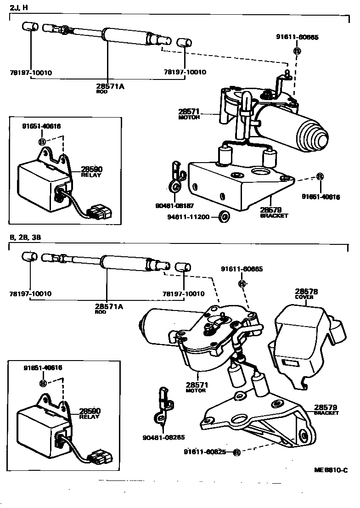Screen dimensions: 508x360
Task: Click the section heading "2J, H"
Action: [19, 7]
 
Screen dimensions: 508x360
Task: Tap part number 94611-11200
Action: [194, 215]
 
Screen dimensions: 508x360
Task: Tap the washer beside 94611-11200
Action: [224, 215]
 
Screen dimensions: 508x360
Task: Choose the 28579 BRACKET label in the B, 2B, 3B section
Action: [326, 409]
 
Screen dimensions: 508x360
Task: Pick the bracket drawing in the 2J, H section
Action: [239, 184]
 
